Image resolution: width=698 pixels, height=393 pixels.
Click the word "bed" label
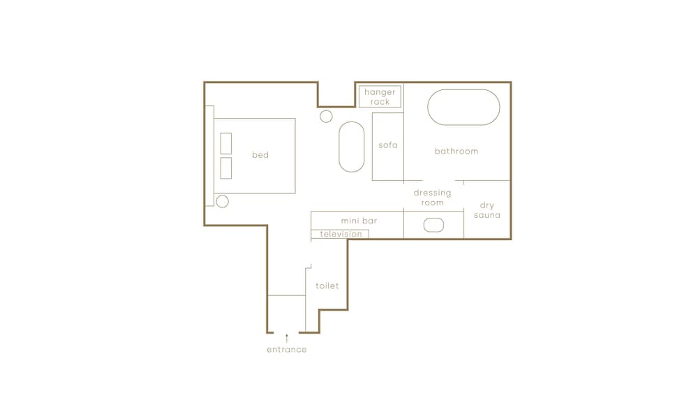coord(260,155)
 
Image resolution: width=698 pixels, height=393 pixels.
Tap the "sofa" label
coord(387,145)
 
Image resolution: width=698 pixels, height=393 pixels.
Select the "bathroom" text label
coord(456,151)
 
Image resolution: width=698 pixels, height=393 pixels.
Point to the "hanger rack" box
coord(380,87)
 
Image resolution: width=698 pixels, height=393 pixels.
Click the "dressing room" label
coord(432,198)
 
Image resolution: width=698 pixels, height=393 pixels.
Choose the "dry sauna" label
coord(487,210)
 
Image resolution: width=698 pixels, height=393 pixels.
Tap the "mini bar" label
coord(359,221)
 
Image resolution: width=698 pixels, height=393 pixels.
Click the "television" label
coord(341,234)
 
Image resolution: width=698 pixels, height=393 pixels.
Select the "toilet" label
coord(327,286)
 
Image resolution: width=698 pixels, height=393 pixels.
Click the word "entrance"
coord(287,350)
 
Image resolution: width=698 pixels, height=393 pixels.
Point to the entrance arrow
coord(287,339)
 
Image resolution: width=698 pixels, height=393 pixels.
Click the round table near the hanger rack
coord(326,111)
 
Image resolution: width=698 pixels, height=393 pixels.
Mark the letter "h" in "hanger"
coord(367,91)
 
